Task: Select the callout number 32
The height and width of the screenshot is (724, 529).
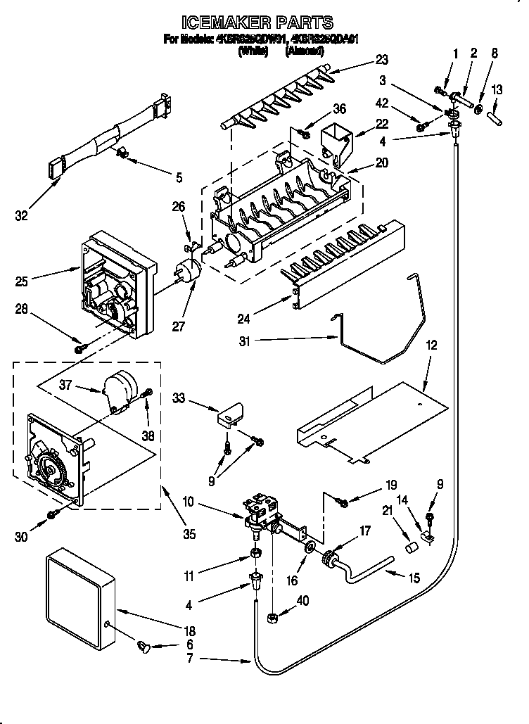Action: coord(23,216)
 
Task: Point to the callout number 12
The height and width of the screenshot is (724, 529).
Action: coord(431,345)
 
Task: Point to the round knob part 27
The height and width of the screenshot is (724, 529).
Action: coord(188,270)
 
